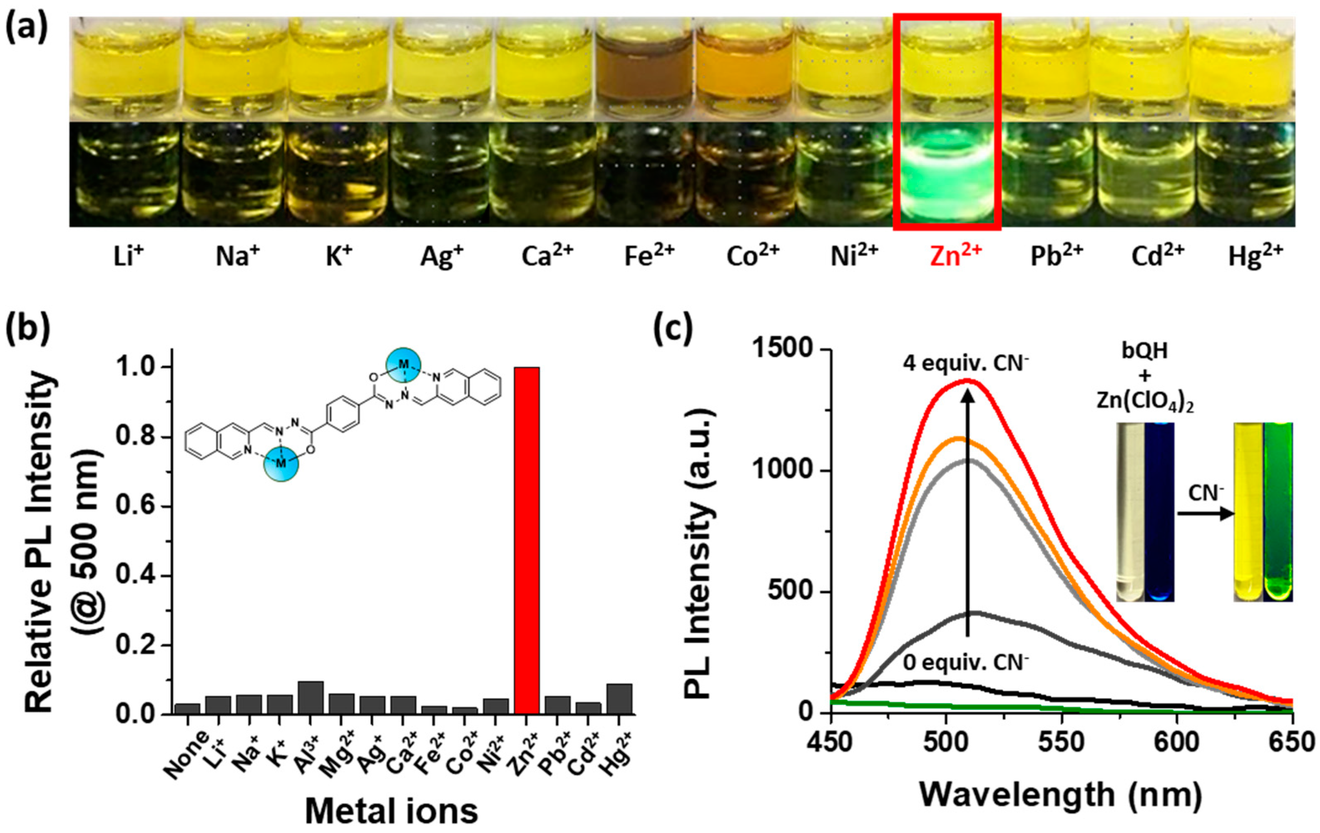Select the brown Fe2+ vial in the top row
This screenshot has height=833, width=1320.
[x=646, y=71]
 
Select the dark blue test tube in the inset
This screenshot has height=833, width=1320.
[x=1158, y=510]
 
